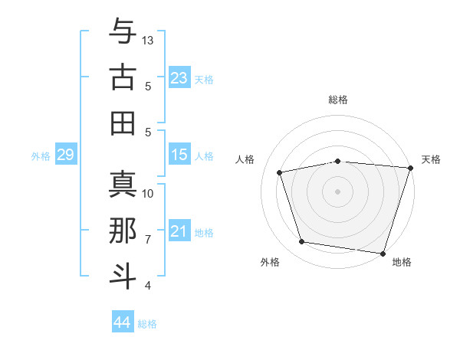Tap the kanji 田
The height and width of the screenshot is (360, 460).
pos(123,123)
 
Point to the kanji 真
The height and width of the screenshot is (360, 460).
pos(123,184)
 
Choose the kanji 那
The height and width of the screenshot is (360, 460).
pos(123,231)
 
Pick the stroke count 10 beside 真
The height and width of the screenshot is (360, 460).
pos(148,193)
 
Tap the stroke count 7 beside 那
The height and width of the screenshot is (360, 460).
pos(148,240)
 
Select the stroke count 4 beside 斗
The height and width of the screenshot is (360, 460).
pos(148,286)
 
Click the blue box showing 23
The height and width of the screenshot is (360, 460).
pos(179,78)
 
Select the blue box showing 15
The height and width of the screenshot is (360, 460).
pos(179,155)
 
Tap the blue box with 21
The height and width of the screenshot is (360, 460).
pos(179,231)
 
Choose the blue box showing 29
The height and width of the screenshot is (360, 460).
pos(65,155)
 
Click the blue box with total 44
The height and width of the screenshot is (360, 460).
pos(122,322)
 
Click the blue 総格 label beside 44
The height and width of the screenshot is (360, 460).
pos(147,324)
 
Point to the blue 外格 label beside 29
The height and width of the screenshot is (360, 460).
pos(41,156)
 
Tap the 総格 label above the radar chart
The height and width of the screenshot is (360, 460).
pos(338,100)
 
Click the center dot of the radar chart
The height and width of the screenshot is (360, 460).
pos(337,191)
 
